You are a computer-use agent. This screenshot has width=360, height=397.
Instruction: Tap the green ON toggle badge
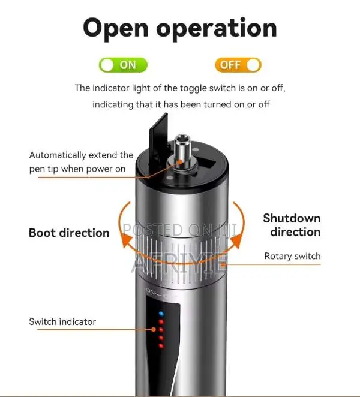tap(123, 65)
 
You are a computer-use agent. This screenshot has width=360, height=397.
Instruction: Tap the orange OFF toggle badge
tap(238, 65)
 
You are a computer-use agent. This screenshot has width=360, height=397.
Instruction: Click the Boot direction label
tap(68, 233)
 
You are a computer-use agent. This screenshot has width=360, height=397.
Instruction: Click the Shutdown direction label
tap(292, 225)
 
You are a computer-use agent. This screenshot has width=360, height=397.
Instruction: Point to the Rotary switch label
tap(292, 256)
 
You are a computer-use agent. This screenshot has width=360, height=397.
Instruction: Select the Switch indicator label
tap(62, 322)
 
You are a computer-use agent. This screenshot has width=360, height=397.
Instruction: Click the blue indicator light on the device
tap(160, 313)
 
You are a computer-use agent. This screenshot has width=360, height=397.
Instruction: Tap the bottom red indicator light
tap(160, 346)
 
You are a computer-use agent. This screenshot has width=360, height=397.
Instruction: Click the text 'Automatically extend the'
tap(81, 155)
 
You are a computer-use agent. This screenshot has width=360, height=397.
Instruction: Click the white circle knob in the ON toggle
tap(108, 65)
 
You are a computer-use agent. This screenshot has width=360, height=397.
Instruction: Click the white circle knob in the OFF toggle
tap(253, 65)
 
